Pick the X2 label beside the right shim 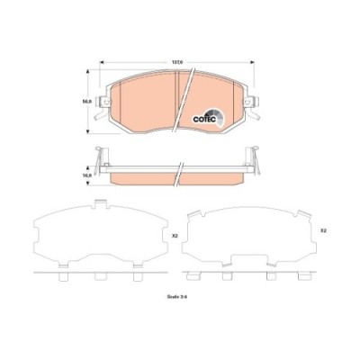(x=322, y=231)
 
